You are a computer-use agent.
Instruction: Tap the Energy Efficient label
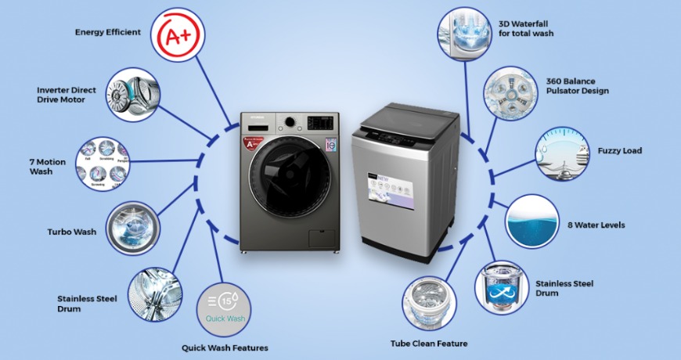(108, 32)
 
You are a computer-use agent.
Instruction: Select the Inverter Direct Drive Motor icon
(133, 95)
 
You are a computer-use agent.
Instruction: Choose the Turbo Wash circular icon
(131, 228)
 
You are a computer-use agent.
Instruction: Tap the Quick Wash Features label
(225, 347)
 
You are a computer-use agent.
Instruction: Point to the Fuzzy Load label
(619, 150)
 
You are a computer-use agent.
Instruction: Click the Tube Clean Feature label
(429, 344)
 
